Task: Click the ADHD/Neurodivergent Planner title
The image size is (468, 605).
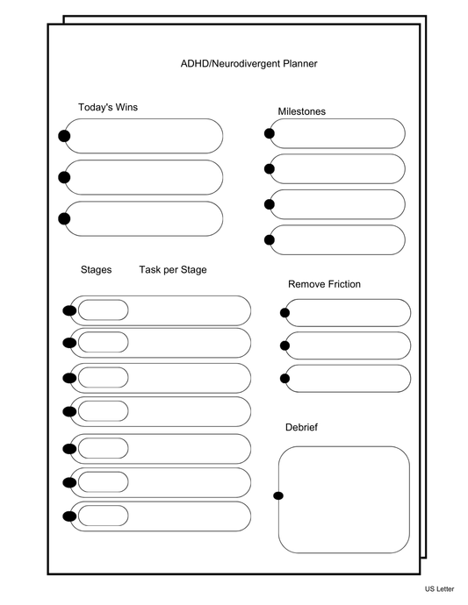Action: pyautogui.click(x=248, y=63)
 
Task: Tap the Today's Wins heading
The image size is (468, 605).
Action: pyautogui.click(x=108, y=108)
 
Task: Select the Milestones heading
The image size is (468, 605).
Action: pyautogui.click(x=301, y=111)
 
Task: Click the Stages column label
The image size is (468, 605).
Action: pyautogui.click(x=96, y=270)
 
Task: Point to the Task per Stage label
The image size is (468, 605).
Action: pyautogui.click(x=173, y=270)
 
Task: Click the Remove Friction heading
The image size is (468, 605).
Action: pyautogui.click(x=324, y=284)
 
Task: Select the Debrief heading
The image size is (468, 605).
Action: pyautogui.click(x=301, y=427)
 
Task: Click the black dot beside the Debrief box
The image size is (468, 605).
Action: pyautogui.click(x=278, y=496)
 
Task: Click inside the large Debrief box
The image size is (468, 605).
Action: pyautogui.click(x=344, y=500)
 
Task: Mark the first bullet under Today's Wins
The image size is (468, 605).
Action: pyautogui.click(x=64, y=136)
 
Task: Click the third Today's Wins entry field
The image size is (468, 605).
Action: pyautogui.click(x=144, y=218)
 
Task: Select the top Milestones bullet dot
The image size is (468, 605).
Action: pyautogui.click(x=269, y=133)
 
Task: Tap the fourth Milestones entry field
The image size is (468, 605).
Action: pyautogui.click(x=337, y=240)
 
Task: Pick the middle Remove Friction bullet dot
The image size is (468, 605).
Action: pyautogui.click(x=284, y=345)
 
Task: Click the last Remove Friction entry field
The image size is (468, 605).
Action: pyautogui.click(x=348, y=379)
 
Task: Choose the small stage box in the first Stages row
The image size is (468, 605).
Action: pyautogui.click(x=103, y=310)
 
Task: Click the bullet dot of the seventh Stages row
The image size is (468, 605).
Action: pyautogui.click(x=68, y=516)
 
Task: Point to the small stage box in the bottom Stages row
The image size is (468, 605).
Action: pyautogui.click(x=103, y=516)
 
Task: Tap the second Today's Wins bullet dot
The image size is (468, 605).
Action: pyautogui.click(x=64, y=177)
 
